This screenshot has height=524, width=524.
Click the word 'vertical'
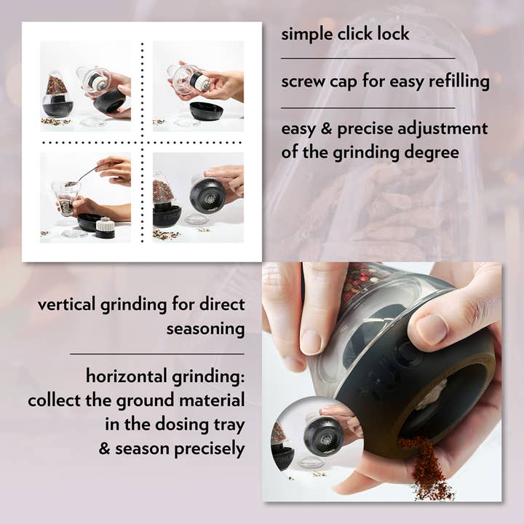(68, 304)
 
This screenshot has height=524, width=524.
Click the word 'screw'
(301, 82)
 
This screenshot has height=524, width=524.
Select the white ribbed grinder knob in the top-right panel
(202, 82)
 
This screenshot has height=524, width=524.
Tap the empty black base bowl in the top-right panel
(206, 111)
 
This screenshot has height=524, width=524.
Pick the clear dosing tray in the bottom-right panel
(194, 218)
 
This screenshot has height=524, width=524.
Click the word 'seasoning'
(205, 329)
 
